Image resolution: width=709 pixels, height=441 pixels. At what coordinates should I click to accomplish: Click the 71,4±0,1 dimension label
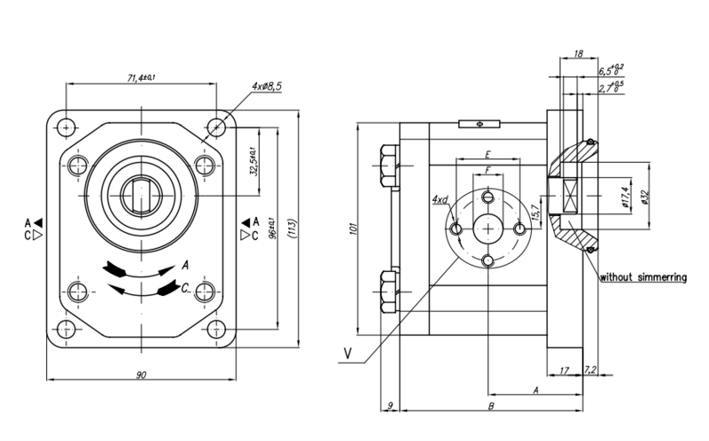point(141,78)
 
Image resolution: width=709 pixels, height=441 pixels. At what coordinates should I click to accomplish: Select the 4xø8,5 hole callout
point(266,86)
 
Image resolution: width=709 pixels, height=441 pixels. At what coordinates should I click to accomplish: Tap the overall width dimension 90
point(141,375)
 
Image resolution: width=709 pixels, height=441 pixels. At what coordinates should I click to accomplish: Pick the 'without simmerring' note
point(643,277)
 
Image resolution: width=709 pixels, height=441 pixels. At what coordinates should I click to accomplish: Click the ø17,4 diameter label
point(626,196)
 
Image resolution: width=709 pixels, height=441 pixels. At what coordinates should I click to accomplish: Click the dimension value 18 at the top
point(578,55)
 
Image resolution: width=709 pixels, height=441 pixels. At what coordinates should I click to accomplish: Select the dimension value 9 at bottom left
point(389,406)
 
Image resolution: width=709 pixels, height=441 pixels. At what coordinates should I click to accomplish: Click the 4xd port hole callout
point(440,201)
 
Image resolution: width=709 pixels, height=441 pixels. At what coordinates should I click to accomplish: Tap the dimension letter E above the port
point(487,155)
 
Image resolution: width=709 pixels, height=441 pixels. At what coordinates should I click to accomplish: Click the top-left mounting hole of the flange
point(66,128)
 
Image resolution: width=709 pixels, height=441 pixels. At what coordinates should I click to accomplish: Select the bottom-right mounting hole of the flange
point(216,331)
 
